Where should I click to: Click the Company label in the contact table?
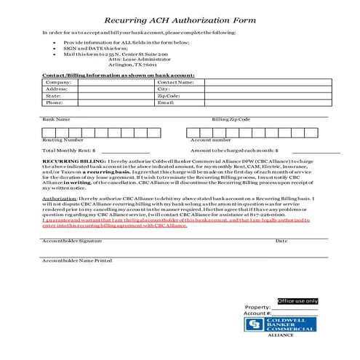point(55,82)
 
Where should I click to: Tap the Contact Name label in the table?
point(175,82)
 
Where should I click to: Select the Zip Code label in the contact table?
point(169,95)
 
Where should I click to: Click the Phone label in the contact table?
point(53,102)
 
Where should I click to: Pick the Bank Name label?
point(56,119)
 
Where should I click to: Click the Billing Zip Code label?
point(231,119)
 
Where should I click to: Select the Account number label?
point(211,139)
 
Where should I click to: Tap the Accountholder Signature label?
point(72,240)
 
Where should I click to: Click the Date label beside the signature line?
point(281,240)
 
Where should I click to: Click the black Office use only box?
point(297,300)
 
